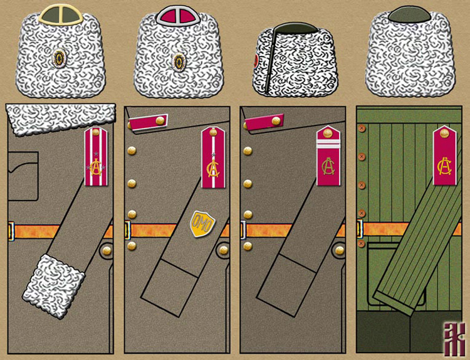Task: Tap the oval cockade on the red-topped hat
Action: point(179,61)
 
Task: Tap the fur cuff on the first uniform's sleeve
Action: point(53,285)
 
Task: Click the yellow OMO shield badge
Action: point(204,224)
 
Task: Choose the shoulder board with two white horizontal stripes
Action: point(328,156)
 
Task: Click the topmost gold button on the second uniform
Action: point(132,151)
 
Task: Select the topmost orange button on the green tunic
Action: point(362,129)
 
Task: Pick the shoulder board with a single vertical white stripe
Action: point(213,156)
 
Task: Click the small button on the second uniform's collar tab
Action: point(159,118)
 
